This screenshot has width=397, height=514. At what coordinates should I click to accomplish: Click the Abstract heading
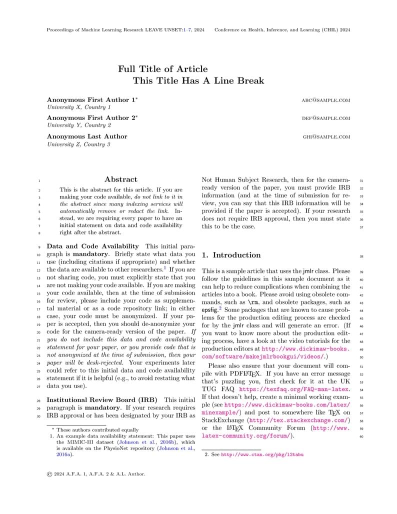(x=121, y=179)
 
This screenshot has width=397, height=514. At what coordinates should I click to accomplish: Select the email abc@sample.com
(x=325, y=100)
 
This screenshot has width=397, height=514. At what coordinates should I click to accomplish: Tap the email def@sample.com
(x=325, y=118)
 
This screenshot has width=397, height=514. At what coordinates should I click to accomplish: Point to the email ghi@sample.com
(x=326, y=136)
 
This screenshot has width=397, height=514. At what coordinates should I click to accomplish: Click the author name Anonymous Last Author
(x=87, y=136)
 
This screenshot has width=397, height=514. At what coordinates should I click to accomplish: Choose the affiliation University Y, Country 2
(x=79, y=125)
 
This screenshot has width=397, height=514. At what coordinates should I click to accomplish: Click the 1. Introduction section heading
(x=231, y=255)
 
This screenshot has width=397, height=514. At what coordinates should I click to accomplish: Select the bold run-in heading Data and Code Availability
(x=92, y=246)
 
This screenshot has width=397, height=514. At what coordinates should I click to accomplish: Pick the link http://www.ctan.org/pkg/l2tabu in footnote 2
(x=262, y=455)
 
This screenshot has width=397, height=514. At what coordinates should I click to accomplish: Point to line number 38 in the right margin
(x=361, y=255)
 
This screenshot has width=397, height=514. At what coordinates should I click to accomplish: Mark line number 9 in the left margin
(x=39, y=247)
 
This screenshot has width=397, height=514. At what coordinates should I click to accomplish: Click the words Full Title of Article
(x=162, y=69)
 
